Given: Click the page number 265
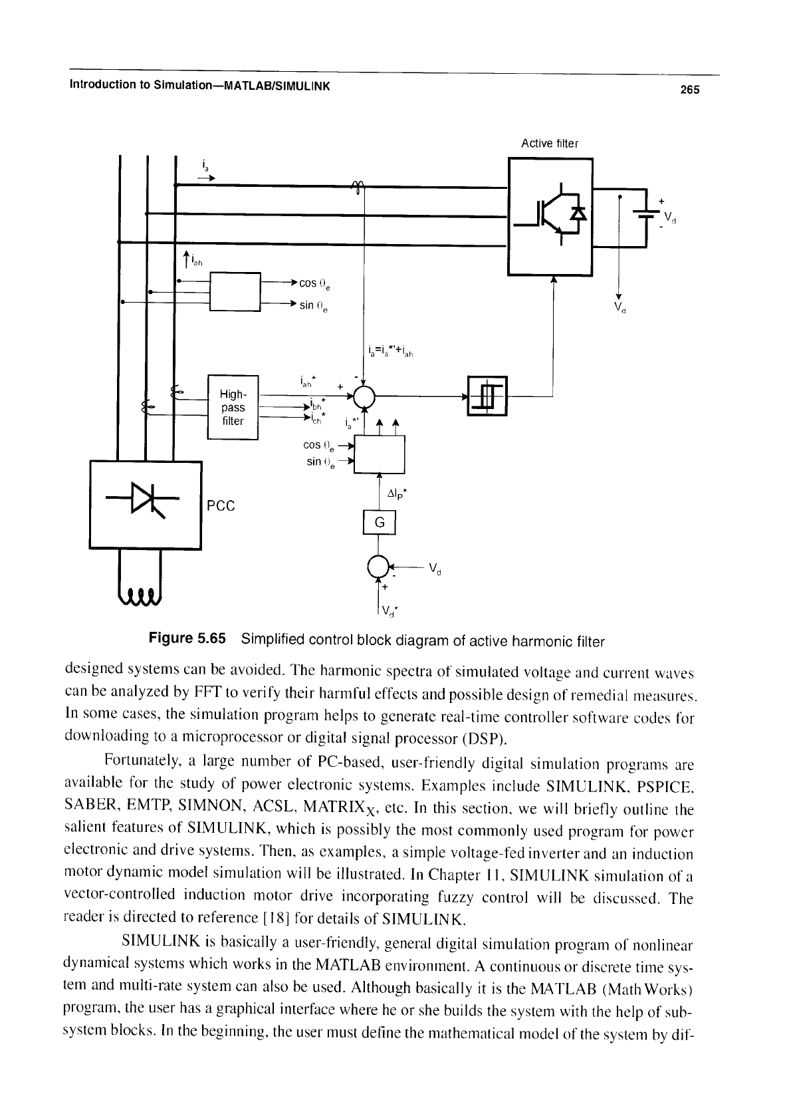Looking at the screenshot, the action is pyautogui.click(x=689, y=90).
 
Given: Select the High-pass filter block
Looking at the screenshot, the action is pyautogui.click(x=233, y=408).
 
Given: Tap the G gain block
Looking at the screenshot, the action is pyautogui.click(x=380, y=523).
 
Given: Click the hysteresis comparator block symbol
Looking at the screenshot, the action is pyautogui.click(x=487, y=396).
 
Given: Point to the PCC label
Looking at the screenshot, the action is pyautogui.click(x=221, y=506).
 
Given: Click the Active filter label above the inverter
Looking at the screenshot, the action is pyautogui.click(x=550, y=144).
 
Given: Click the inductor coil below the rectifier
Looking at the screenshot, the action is pyautogui.click(x=140, y=596).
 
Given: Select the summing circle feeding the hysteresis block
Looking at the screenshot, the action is pyautogui.click(x=364, y=396).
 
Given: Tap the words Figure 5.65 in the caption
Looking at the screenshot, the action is pyautogui.click(x=187, y=638).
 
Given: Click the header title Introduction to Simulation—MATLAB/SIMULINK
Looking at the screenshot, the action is pyautogui.click(x=200, y=86).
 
